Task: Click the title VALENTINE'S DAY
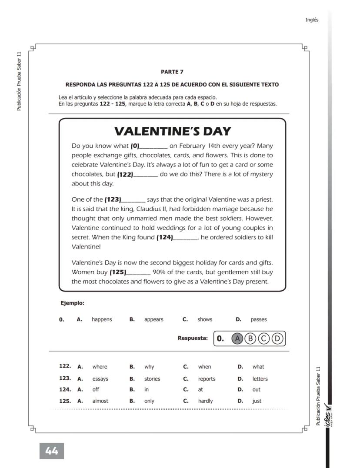pyautogui.click(x=172, y=131)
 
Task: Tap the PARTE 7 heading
pyautogui.click(x=172, y=72)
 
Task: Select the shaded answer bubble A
pyautogui.click(x=237, y=339)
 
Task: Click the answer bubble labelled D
pyautogui.click(x=277, y=339)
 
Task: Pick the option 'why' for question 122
pyautogui.click(x=149, y=367)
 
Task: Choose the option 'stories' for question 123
pyautogui.click(x=152, y=379)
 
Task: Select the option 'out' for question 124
pyautogui.click(x=257, y=390)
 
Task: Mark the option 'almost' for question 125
pyautogui.click(x=100, y=401)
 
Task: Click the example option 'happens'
pyautogui.click(x=102, y=319)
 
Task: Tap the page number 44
pyautogui.click(x=52, y=451)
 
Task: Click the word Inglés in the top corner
pyautogui.click(x=312, y=20)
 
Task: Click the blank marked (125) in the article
pyautogui.click(x=138, y=273)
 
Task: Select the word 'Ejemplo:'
pyautogui.click(x=72, y=303)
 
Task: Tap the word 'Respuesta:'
pyautogui.click(x=193, y=338)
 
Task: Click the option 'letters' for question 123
pyautogui.click(x=260, y=379)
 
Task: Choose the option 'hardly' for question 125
pyautogui.click(x=205, y=401)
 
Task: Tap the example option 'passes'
pyautogui.click(x=259, y=319)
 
